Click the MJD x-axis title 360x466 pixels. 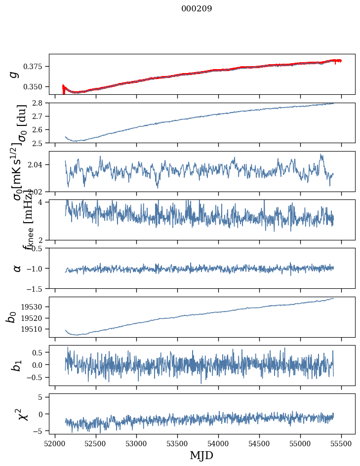(201, 455)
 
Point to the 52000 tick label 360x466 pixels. (55, 443)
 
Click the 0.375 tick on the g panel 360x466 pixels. (36, 67)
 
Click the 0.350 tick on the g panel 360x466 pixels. (36, 86)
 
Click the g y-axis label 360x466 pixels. (15, 74)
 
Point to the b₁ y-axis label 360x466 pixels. (17, 365)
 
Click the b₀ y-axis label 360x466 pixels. (11, 317)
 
